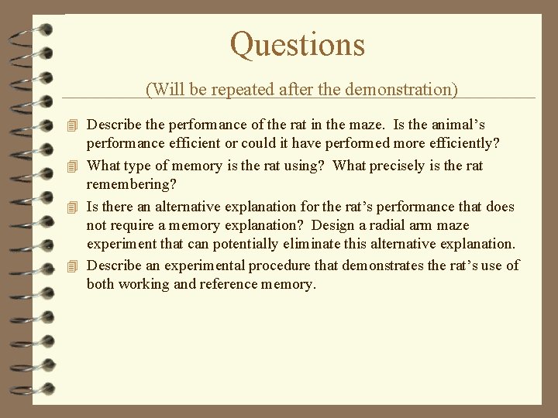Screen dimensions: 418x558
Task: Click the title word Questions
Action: pos(298,45)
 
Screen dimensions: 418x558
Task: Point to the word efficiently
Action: pos(453,144)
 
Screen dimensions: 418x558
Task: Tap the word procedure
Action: pos(275,266)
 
